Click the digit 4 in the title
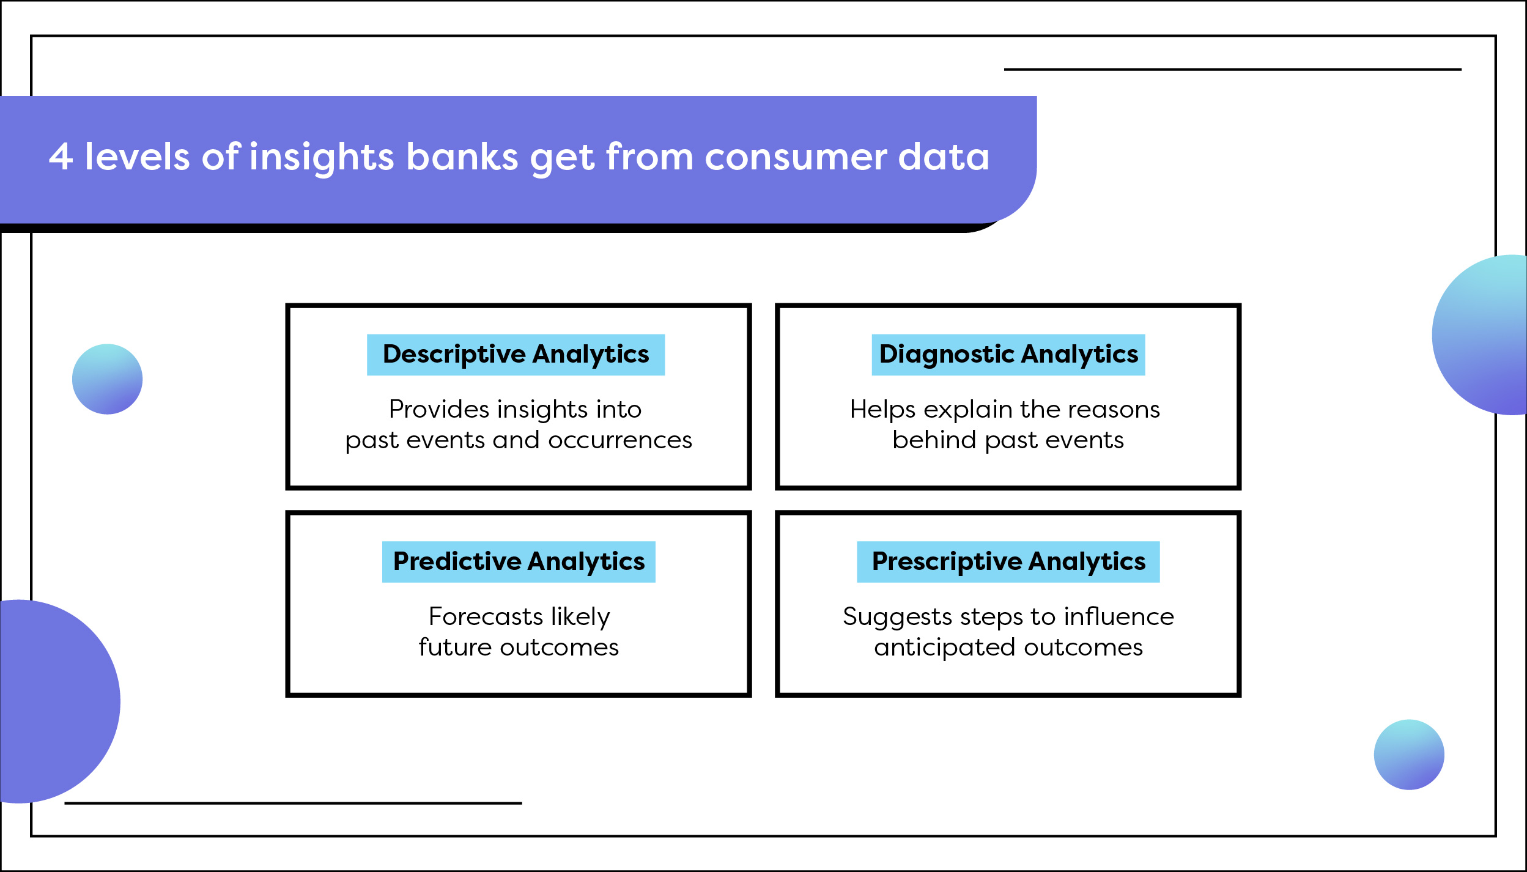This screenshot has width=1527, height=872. click(61, 157)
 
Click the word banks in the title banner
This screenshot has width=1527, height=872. click(462, 157)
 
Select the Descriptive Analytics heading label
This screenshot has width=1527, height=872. click(516, 355)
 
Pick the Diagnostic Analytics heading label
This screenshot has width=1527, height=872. click(1008, 355)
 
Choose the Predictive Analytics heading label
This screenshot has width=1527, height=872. click(519, 561)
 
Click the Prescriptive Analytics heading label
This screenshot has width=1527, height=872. click(1008, 561)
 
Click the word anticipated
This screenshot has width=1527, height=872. click(944, 647)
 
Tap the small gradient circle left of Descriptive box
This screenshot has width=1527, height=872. click(107, 379)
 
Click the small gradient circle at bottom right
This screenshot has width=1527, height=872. click(1409, 755)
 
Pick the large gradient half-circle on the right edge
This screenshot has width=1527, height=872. click(1486, 335)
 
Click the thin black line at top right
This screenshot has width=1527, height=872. click(1232, 70)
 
